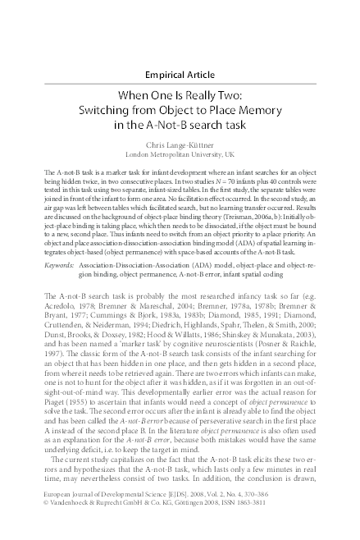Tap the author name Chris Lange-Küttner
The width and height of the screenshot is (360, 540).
pos(180,144)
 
